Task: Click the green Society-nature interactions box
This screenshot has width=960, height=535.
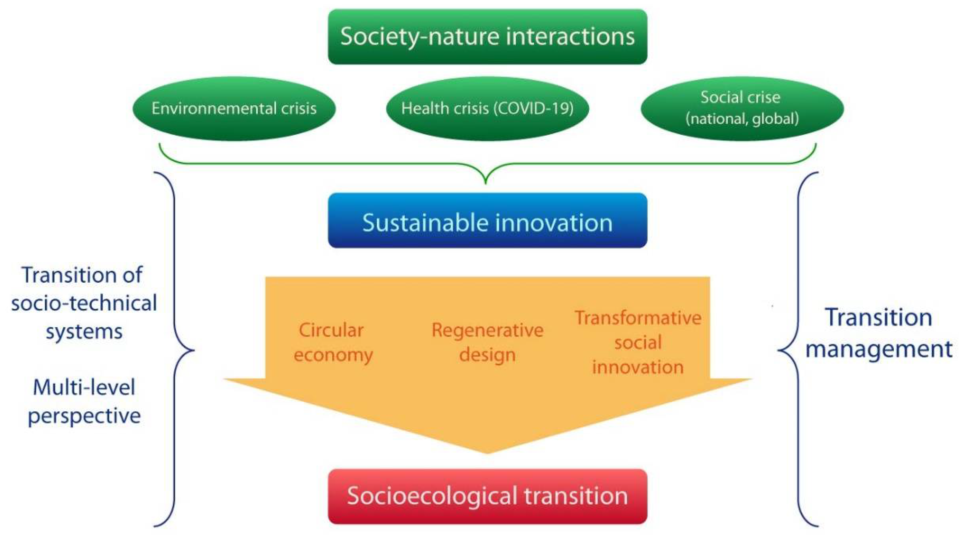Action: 487,37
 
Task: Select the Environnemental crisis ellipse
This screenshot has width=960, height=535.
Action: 234,108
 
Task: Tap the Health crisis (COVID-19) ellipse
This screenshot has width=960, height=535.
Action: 487,108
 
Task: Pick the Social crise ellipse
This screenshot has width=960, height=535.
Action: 742,108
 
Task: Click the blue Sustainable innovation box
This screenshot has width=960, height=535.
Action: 487,221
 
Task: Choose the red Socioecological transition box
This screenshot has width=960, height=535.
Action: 487,496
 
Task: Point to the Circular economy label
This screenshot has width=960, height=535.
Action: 333,342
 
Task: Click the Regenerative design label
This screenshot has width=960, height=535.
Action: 487,342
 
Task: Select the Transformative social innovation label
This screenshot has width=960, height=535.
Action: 638,342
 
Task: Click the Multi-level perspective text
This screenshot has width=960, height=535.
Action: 84,402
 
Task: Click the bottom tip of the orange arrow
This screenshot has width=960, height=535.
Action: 487,453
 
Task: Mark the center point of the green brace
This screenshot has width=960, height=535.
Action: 486,183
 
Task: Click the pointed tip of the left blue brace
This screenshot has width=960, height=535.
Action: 193,350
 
